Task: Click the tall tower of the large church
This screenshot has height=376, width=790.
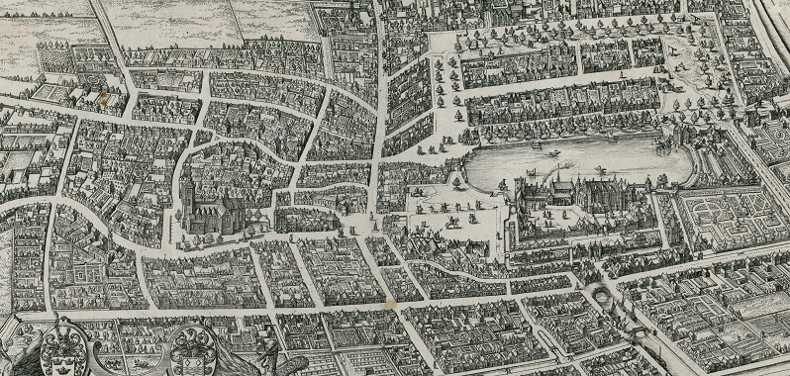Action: pyautogui.click(x=185, y=188)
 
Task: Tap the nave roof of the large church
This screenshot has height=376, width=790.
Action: pyautogui.click(x=220, y=209)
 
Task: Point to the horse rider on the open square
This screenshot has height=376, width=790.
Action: pyautogui.click(x=451, y=220)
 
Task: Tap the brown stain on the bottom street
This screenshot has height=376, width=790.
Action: pyautogui.click(x=396, y=307)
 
